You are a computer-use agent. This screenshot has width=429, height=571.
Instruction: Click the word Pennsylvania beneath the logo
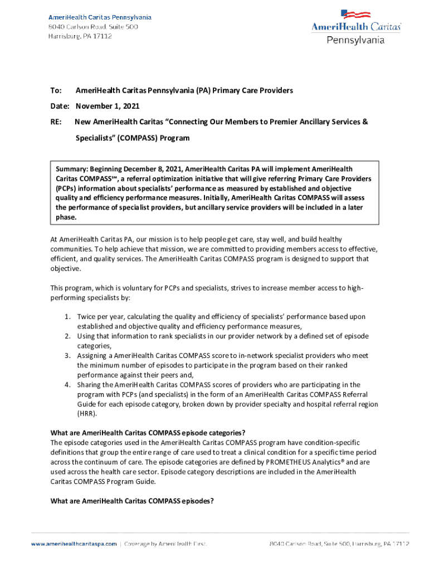[355, 40]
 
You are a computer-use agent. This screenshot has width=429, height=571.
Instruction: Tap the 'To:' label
[56, 90]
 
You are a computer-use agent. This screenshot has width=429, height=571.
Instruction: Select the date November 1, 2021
[108, 106]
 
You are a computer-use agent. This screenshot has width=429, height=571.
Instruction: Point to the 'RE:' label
[56, 122]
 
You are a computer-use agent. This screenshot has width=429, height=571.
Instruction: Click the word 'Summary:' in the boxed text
[72, 169]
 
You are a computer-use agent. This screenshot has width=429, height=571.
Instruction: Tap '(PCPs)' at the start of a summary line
[66, 188]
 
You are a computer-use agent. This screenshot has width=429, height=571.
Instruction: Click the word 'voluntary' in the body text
[119, 288]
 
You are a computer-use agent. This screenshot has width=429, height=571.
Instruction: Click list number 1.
[66, 317]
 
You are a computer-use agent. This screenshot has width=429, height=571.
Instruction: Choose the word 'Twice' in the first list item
[86, 317]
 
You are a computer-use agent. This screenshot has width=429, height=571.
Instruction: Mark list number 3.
[66, 355]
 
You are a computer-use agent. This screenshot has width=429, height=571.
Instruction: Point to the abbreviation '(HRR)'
[87, 414]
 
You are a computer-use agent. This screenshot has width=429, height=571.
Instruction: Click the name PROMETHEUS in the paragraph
[294, 462]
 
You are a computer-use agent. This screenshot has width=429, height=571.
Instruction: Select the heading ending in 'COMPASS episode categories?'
[148, 433]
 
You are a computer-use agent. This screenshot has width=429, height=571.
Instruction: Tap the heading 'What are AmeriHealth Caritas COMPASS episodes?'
[132, 501]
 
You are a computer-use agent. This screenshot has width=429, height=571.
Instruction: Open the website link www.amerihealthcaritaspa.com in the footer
[74, 543]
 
